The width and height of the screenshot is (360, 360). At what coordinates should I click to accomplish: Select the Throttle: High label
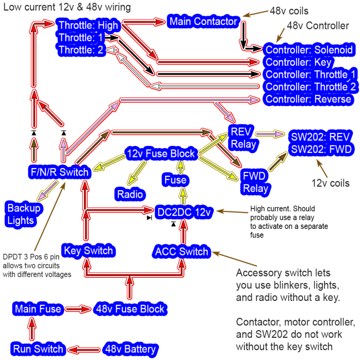point(88,25)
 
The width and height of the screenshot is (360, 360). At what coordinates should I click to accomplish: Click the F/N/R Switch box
point(59,172)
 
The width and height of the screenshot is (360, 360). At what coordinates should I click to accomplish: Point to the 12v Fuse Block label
point(160,154)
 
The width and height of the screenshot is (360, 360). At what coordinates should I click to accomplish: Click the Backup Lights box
point(23,214)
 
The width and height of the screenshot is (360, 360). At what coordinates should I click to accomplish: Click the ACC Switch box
point(181,252)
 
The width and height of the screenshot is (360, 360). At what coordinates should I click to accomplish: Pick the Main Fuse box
point(37,308)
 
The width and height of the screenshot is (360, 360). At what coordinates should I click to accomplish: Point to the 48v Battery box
point(130,348)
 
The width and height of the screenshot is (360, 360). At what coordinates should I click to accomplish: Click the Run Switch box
point(38,348)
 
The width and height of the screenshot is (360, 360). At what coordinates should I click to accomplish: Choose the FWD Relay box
point(256,182)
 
